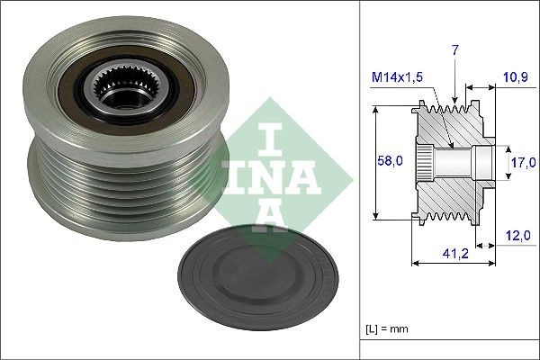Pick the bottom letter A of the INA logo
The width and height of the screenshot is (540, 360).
pyautogui.click(x=268, y=217)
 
